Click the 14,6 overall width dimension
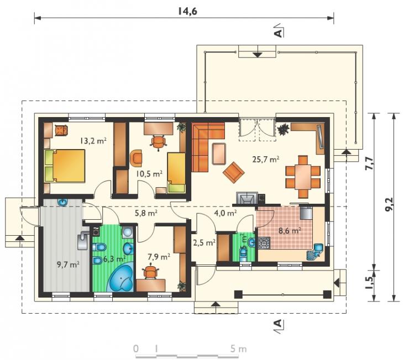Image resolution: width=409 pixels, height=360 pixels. [x=187, y=11]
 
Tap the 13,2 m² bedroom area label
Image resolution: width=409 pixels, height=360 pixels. [x=93, y=141]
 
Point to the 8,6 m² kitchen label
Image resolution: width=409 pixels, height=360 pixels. [x=290, y=231]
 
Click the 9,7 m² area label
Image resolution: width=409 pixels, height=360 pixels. [x=68, y=264]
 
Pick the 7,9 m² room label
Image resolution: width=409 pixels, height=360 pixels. [x=159, y=257]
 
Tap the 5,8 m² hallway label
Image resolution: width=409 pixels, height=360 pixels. [x=146, y=213]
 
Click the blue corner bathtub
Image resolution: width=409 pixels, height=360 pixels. [x=121, y=278]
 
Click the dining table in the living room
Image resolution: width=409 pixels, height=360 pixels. [x=303, y=177]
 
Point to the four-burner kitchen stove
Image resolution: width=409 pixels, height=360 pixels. [x=264, y=243]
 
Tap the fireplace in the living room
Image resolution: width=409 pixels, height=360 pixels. [x=247, y=198]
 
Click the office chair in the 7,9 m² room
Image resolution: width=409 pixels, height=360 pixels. [x=151, y=272]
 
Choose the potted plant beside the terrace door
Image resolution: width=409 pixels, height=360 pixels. [x=283, y=129]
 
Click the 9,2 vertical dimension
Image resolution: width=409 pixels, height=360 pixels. [x=390, y=207]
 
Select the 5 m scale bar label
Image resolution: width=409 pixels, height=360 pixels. [x=238, y=349]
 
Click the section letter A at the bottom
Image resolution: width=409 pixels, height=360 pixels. [x=279, y=324]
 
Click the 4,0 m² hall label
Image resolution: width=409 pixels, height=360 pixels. [x=226, y=213]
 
